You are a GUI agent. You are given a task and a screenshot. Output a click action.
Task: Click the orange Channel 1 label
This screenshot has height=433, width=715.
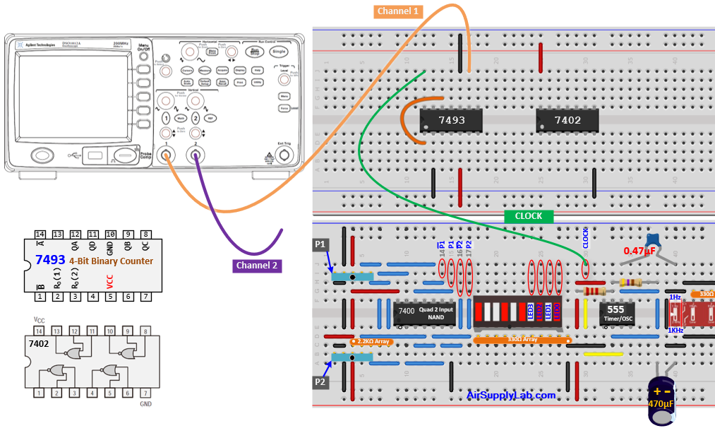pyautogui.click(x=399, y=11)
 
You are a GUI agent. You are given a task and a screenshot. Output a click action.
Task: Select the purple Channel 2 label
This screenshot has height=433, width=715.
pyautogui.click(x=258, y=266)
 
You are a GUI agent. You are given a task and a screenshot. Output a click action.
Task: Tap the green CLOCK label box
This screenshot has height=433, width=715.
pyautogui.click(x=529, y=215)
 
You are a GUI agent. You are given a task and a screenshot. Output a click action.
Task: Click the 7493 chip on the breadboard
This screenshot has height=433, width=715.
pyautogui.click(x=452, y=120)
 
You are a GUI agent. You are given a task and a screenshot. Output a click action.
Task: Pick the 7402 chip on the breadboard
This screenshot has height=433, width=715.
pyautogui.click(x=567, y=120)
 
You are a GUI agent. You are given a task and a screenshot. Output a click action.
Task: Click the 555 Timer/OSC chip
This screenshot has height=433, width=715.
pyautogui.click(x=617, y=314)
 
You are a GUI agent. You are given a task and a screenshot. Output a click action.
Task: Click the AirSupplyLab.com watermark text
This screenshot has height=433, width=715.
pyautogui.click(x=511, y=395)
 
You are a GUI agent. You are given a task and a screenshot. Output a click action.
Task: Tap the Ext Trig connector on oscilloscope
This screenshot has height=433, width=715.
pyautogui.click(x=284, y=155)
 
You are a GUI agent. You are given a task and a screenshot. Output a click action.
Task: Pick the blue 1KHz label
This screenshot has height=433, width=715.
pyautogui.click(x=675, y=330)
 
